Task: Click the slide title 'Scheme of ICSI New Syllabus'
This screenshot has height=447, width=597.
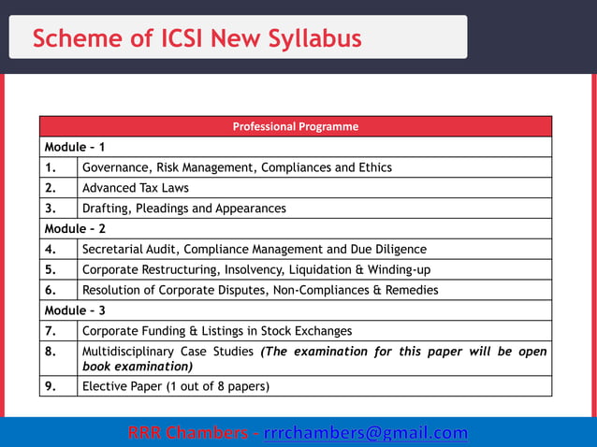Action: coord(197,38)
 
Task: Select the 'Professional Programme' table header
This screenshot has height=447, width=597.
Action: coord(295,126)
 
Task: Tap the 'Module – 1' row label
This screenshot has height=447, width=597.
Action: coord(75,147)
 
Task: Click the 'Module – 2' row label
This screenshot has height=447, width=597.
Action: coord(75,228)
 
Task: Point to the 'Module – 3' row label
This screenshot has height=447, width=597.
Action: coord(75,310)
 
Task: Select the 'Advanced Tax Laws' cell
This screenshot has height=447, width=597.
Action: coord(136,188)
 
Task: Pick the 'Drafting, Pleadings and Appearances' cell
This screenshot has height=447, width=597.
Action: coord(184,209)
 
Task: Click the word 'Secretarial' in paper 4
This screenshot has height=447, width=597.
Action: coord(113,249)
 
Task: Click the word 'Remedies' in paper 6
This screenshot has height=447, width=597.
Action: coord(411,290)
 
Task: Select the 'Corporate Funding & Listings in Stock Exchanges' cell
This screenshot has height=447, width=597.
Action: coord(217,330)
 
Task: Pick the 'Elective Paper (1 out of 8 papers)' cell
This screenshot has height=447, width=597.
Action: coord(176,385)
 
